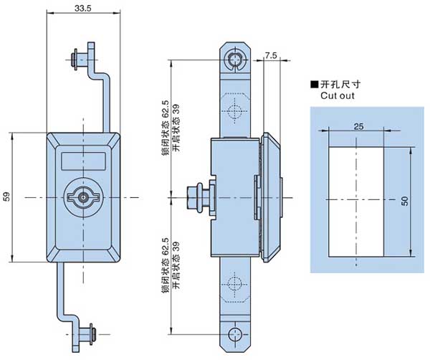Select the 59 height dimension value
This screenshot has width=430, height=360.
pyautogui.click(x=7, y=196)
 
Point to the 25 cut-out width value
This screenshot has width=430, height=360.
pyautogui.click(x=356, y=125)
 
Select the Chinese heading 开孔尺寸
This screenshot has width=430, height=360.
pyautogui.click(x=339, y=84)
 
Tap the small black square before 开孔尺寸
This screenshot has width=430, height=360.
pyautogui.click(x=313, y=84)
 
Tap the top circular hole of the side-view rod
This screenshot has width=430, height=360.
pyautogui.click(x=236, y=58)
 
